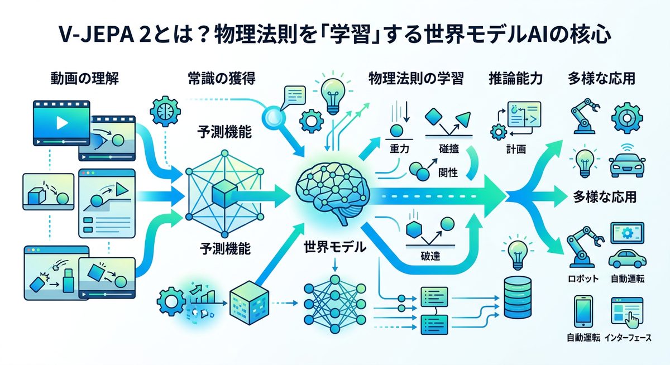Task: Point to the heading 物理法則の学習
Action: coord(415,79)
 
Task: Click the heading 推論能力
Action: coord(508,79)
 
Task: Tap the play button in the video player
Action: coord(61,122)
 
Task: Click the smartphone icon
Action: coord(582,311)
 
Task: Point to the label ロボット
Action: coord(582,278)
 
